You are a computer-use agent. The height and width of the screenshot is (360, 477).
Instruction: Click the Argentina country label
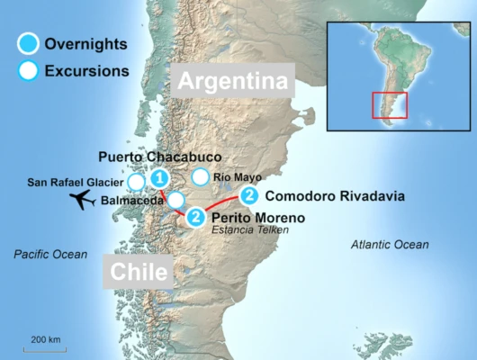(x=237, y=81)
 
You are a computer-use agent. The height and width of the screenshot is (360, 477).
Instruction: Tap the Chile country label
(x=139, y=272)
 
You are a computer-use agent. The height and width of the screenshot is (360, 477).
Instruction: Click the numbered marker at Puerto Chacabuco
(x=160, y=177)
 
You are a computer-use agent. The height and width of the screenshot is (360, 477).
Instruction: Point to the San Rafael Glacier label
(x=76, y=182)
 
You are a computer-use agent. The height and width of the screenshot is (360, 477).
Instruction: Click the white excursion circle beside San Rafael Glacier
(x=136, y=182)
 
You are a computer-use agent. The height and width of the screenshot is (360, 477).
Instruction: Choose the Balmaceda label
(x=133, y=200)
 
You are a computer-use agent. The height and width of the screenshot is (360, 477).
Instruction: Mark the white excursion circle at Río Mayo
(x=200, y=177)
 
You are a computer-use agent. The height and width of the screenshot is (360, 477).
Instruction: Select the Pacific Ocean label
(x=50, y=255)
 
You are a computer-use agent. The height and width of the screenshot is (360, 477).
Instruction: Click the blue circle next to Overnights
(x=29, y=44)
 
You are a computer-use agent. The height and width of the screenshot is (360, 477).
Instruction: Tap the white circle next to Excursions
(x=29, y=71)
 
